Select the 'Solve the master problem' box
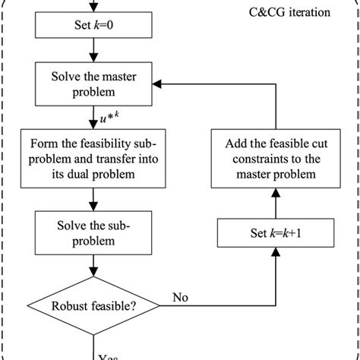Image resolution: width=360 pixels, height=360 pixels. click(x=94, y=86)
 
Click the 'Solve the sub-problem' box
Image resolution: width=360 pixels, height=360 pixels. click(x=94, y=234)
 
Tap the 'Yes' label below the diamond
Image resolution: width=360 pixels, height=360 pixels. click(x=109, y=352)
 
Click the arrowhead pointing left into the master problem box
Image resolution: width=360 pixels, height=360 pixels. click(x=169, y=86)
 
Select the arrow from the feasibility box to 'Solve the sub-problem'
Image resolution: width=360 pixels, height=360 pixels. click(x=94, y=200)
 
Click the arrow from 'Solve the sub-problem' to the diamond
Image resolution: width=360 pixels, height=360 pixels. click(x=94, y=269)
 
